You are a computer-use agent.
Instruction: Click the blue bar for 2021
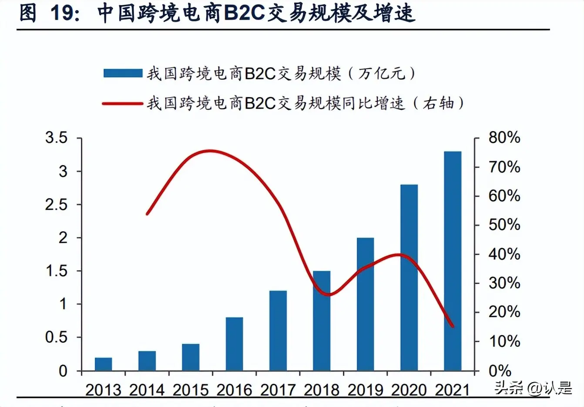coord(452,261)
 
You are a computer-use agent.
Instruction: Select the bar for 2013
coord(103,364)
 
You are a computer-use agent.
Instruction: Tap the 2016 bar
coord(234,344)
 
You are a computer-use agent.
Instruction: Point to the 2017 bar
coord(278,331)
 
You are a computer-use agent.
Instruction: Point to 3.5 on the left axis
coord(57,138)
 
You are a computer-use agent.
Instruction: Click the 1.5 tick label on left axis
coord(57,271)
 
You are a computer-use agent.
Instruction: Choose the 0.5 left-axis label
coord(57,337)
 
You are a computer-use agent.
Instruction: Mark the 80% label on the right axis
coord(504,138)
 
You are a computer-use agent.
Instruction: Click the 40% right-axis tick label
coord(504,254)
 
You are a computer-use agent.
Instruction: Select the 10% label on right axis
coord(504,342)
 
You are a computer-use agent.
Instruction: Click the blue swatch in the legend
coord(123,73)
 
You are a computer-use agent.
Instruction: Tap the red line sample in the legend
coord(123,104)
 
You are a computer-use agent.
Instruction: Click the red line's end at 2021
coord(453,326)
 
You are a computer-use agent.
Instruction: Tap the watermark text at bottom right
coord(533,388)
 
